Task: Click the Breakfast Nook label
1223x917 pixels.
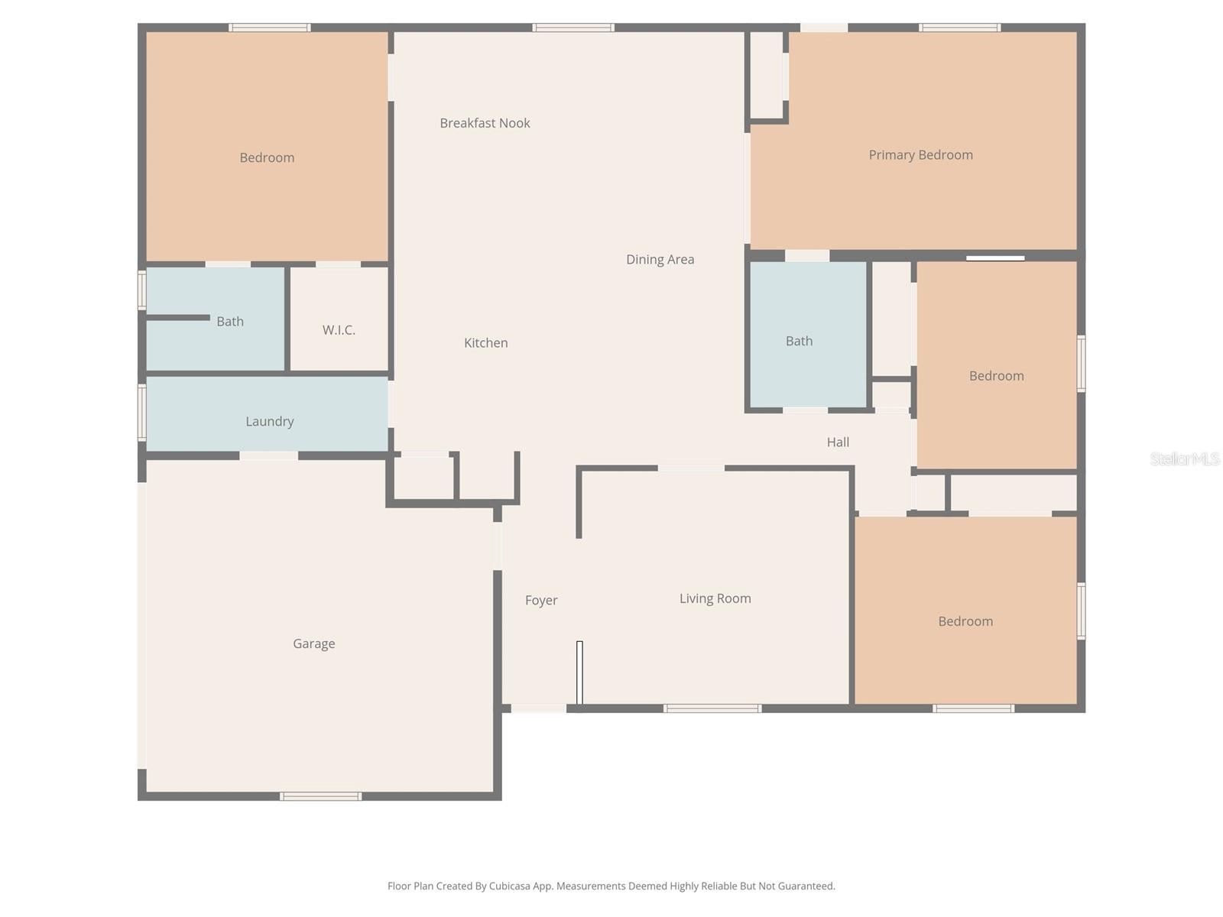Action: point(485,123)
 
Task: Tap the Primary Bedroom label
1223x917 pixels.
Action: point(920,155)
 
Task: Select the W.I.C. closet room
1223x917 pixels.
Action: point(339,330)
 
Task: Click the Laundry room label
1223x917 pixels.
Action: point(269,421)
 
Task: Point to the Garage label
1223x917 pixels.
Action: point(313,643)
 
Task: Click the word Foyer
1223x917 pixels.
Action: point(541,601)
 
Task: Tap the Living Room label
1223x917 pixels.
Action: point(715,598)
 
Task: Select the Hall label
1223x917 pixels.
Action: point(838,442)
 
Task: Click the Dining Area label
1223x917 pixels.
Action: point(660,259)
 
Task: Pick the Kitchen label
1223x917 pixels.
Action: point(485,343)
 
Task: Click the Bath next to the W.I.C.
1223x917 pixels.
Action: point(229,322)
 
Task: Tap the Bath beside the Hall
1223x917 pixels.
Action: point(799,341)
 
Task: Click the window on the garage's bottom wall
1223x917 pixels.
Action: point(320,796)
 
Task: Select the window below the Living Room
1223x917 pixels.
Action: point(712,708)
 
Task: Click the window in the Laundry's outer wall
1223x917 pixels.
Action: point(142,413)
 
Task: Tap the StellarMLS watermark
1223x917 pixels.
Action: point(1184,458)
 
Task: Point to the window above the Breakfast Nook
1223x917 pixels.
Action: point(573,28)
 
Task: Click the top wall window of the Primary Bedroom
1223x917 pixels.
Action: point(959,28)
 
